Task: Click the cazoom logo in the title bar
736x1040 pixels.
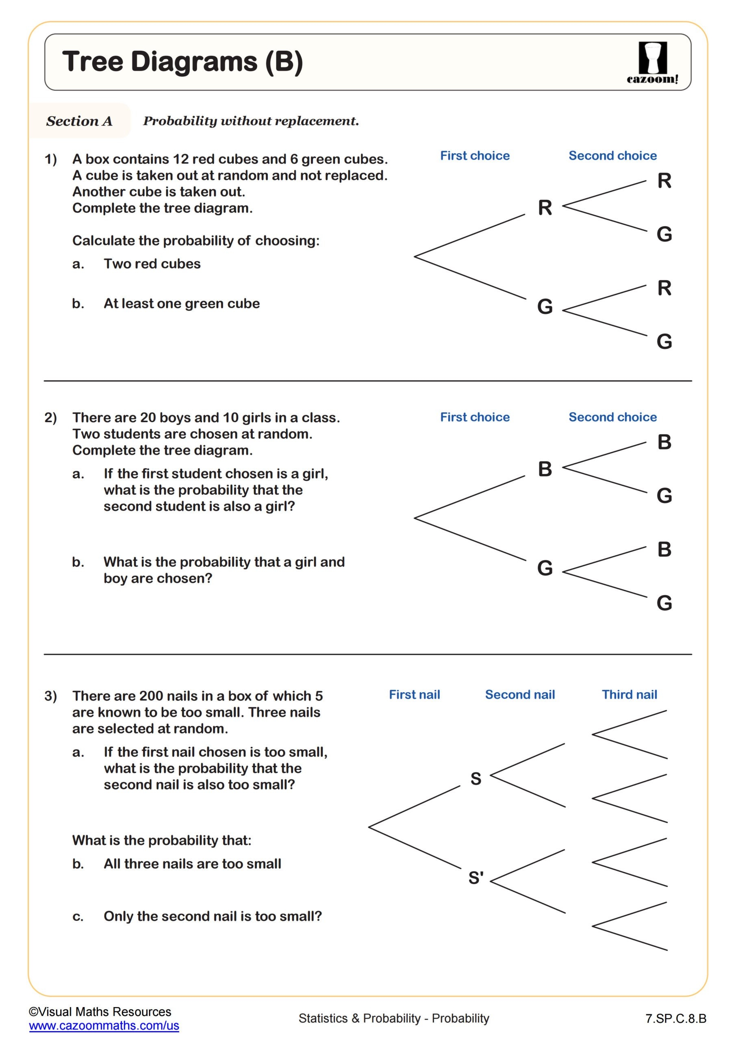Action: point(652,62)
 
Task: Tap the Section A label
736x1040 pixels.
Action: point(79,121)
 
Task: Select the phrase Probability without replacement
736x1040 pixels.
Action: point(251,121)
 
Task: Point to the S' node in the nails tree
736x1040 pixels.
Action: point(476,878)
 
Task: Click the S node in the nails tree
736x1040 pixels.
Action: point(475,779)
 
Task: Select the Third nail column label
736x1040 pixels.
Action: point(629,694)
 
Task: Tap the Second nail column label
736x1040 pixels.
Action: point(520,694)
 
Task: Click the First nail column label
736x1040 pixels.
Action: point(414,694)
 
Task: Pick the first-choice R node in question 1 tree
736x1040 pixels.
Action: point(545,208)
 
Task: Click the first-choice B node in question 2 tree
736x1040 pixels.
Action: point(545,469)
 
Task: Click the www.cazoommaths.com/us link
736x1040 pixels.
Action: point(104,1025)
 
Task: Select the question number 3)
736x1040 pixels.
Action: point(50,696)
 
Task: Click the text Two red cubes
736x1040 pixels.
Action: point(152,264)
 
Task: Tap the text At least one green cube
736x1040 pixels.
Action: point(181,303)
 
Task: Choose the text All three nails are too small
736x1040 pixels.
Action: point(192,864)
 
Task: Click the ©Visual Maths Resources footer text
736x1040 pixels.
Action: point(100,1012)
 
